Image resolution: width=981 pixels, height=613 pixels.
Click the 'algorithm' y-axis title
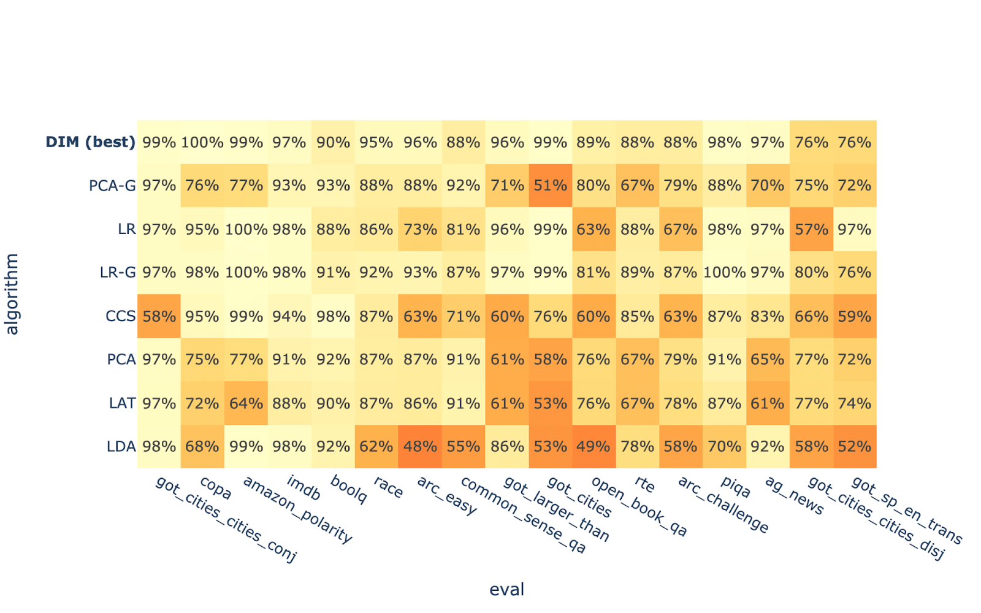12,294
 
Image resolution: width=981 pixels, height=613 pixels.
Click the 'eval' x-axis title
506,590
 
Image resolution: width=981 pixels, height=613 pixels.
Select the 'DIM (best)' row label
91,142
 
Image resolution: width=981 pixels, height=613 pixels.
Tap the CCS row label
120,316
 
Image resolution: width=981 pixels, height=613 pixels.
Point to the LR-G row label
118,273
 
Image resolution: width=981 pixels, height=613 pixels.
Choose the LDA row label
121,447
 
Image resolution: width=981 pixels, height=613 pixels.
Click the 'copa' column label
216,489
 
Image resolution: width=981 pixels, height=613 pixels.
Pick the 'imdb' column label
303,489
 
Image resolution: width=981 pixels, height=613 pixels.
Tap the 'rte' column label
645,484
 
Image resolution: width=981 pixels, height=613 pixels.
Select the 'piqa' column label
735,487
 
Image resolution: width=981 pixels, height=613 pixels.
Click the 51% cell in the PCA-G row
550,186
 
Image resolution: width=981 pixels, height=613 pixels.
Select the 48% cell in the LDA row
420,447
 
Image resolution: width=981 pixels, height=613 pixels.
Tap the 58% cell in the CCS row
159,316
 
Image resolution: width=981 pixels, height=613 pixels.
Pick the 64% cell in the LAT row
246,403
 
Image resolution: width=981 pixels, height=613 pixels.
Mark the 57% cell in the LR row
811,229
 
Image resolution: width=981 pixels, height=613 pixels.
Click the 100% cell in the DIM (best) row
202,142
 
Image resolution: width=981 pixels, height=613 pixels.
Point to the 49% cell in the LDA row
594,447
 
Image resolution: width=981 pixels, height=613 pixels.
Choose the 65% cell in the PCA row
768,360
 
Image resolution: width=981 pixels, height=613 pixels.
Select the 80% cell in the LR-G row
811,273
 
